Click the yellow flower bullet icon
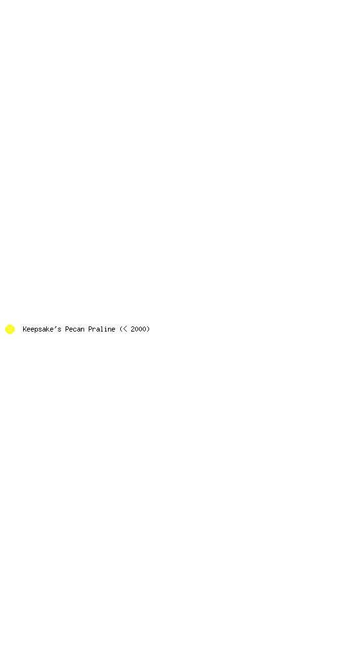tap(10, 329)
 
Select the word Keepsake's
tap(42, 330)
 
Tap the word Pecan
tap(75, 329)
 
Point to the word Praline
tap(102, 329)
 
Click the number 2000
tap(138, 329)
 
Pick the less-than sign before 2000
tap(125, 329)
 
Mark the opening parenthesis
tap(121, 329)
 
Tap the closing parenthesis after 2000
tap(148, 329)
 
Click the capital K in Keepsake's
tap(25, 329)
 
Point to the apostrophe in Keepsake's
tap(55, 327)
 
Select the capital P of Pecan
tap(67, 329)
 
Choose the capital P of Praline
tap(90, 329)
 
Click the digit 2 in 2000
tap(132, 329)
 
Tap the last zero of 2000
tap(145, 329)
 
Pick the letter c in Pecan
tap(75, 330)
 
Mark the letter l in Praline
tap(102, 329)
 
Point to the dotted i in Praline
tap(105, 329)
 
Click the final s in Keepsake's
tap(59, 330)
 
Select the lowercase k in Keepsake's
tap(48, 329)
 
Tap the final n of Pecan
tap(83, 330)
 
